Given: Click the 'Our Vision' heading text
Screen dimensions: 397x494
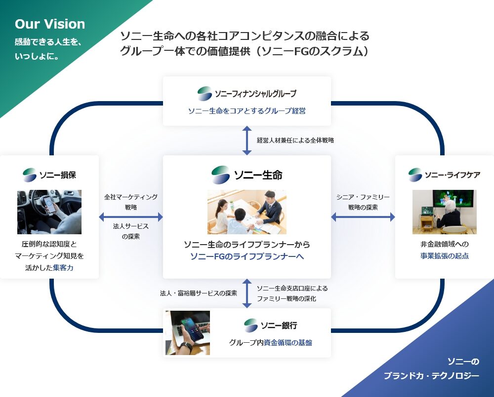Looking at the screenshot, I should [x=49, y=24].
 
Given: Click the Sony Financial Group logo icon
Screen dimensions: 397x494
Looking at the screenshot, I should [x=205, y=93].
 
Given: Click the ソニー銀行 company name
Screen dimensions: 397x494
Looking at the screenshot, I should [x=279, y=325].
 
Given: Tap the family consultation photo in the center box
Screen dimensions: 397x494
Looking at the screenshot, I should [x=247, y=212].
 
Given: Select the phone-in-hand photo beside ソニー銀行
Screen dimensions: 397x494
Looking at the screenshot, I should [x=188, y=332].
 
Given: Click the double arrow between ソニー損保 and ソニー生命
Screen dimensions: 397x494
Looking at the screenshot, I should [x=131, y=217].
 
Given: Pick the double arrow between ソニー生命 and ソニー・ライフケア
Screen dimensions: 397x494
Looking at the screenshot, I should [x=363, y=217].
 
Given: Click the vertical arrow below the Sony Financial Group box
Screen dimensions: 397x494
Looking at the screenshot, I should [x=247, y=140].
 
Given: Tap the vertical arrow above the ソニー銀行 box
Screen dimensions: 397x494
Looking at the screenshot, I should [x=247, y=293].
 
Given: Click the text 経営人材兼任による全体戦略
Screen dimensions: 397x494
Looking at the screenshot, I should [x=295, y=140].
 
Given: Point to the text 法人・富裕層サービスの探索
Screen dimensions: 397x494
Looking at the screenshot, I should [x=199, y=293].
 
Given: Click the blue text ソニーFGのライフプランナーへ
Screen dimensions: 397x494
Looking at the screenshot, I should [x=247, y=256].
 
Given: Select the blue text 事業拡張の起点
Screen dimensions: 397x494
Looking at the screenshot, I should [x=445, y=256].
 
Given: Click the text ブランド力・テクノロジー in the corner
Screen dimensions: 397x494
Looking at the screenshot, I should [x=431, y=376].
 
